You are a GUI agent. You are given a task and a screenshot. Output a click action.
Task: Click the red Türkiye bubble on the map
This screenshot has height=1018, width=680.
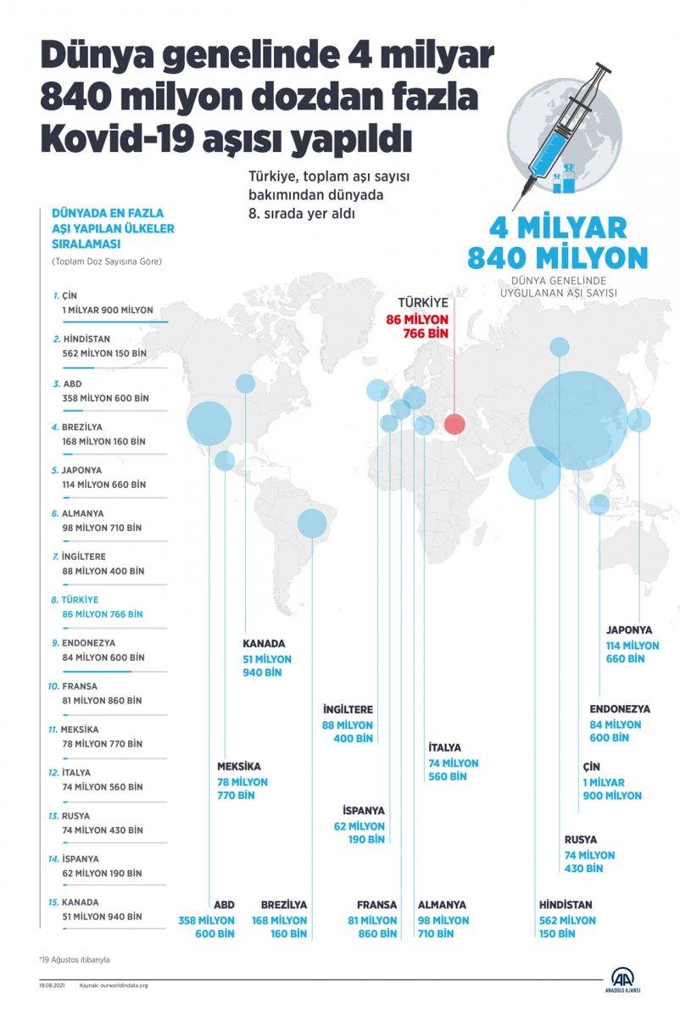click(454, 424)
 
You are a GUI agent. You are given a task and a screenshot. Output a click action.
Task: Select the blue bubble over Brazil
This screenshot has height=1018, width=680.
click(312, 523)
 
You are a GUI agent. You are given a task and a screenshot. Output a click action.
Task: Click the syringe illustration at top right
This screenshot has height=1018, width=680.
click(566, 127)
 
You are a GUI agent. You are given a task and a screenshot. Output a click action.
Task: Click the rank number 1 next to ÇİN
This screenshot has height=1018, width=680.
click(55, 295)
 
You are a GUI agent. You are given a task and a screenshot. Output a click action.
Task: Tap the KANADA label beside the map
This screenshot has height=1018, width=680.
click(264, 643)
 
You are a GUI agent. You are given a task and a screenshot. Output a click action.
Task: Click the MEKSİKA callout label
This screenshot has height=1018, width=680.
click(238, 766)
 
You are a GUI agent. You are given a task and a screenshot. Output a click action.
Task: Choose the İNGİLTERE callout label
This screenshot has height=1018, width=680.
click(348, 709)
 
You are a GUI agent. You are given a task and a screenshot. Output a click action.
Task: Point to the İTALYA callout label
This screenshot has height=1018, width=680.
click(445, 747)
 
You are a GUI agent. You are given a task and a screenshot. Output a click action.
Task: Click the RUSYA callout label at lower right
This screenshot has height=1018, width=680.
click(581, 840)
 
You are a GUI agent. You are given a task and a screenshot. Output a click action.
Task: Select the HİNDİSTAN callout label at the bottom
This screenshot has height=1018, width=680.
click(566, 904)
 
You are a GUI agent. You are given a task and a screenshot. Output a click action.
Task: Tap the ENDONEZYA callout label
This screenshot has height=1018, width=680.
click(620, 708)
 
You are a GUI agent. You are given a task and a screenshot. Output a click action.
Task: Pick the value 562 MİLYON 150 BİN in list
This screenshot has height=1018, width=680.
click(103, 353)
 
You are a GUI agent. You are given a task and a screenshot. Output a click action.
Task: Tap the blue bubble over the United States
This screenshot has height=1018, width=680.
click(209, 422)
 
